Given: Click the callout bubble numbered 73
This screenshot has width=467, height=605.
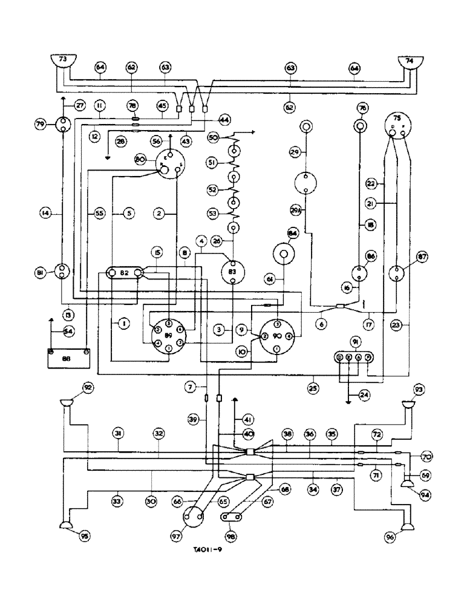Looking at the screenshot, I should click(x=62, y=59).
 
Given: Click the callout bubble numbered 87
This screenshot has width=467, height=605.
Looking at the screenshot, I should click(x=422, y=258).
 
